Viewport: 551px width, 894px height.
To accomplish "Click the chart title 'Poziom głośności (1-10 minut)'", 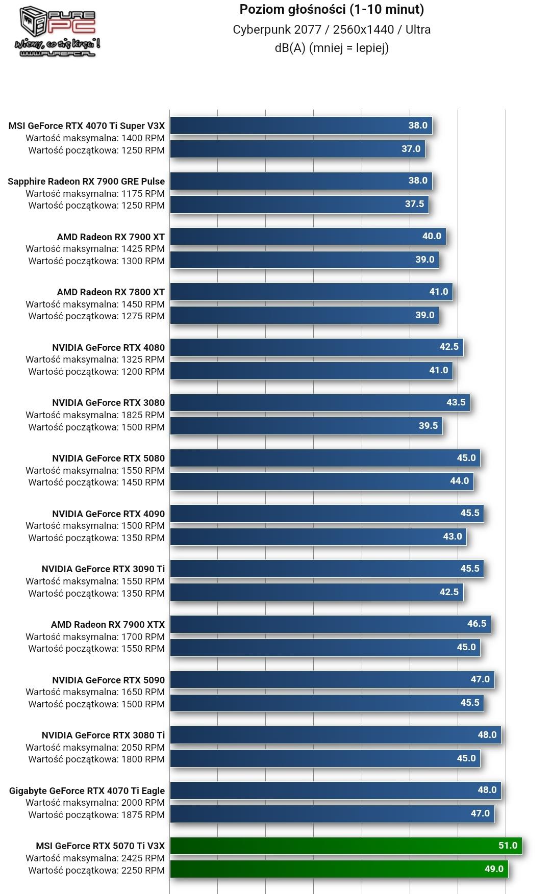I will [332, 9].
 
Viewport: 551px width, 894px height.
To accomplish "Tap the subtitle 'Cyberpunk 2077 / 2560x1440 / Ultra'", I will [332, 30].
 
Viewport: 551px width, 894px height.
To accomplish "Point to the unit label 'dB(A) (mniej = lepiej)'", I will [332, 48].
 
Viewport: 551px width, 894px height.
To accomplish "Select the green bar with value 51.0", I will [346, 846].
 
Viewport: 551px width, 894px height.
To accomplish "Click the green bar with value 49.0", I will [339, 869].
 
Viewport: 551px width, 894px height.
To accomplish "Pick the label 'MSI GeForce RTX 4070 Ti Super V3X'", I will [87, 126].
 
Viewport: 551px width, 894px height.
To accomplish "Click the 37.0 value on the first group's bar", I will [411, 149].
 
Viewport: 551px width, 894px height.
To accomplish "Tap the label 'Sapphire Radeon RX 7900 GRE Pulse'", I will [86, 182].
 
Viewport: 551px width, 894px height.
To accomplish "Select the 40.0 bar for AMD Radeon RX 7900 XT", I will [308, 236].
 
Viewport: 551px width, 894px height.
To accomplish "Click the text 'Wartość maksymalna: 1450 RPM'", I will [95, 304].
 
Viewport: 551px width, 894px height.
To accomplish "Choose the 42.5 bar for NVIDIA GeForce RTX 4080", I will [316, 347].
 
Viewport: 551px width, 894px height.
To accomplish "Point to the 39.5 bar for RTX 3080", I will [306, 426].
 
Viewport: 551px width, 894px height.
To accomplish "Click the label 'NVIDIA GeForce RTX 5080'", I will [108, 458].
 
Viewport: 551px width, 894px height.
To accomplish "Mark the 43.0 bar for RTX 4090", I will [318, 537].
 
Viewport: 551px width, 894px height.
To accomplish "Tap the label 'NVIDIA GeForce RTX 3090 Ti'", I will [103, 569].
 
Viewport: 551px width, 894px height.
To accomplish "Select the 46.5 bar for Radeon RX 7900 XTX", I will [330, 624].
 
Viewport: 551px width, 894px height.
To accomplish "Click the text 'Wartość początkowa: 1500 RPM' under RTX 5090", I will [96, 704].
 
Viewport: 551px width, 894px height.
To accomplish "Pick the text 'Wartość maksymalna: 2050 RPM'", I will [95, 748].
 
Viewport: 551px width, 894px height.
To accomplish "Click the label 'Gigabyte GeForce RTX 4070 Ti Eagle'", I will [87, 791].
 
